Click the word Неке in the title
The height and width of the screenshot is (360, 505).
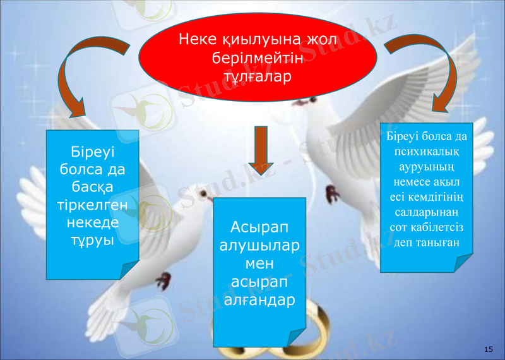pos(199,40)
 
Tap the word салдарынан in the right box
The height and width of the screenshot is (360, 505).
pos(426,212)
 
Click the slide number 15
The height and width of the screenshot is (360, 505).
pos(488,349)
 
